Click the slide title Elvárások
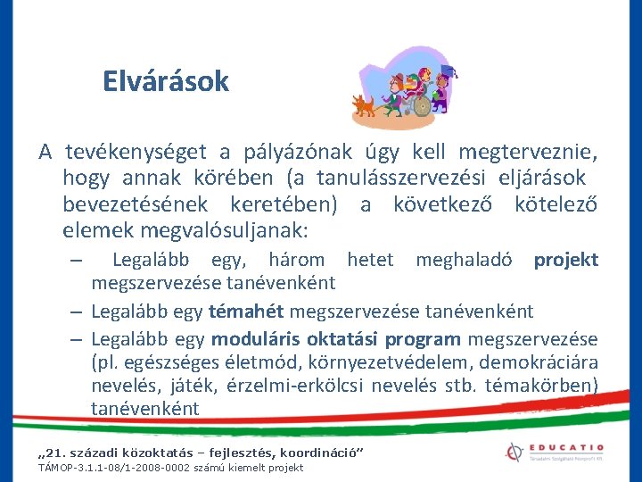[166, 82]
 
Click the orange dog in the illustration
[364, 106]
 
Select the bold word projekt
[565, 260]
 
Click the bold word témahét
[246, 312]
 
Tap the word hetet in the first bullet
[369, 260]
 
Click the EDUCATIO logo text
[564, 446]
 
